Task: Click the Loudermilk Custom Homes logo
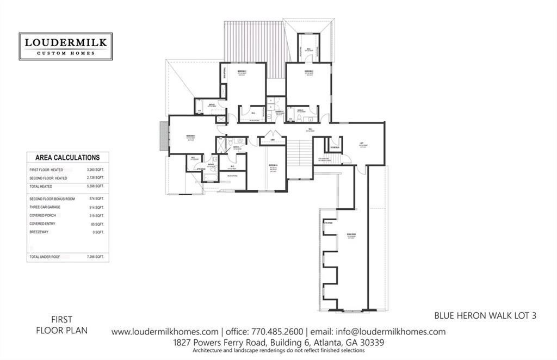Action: point(65,46)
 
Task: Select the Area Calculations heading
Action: point(67,158)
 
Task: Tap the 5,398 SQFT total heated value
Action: point(95,187)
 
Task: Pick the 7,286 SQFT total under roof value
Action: point(95,256)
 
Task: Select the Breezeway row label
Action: point(42,232)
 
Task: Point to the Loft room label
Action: point(361,144)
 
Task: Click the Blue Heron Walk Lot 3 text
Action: point(485,315)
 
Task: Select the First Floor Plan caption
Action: point(61,325)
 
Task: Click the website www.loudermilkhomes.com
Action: point(165,332)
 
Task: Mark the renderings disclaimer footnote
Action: point(278,351)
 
